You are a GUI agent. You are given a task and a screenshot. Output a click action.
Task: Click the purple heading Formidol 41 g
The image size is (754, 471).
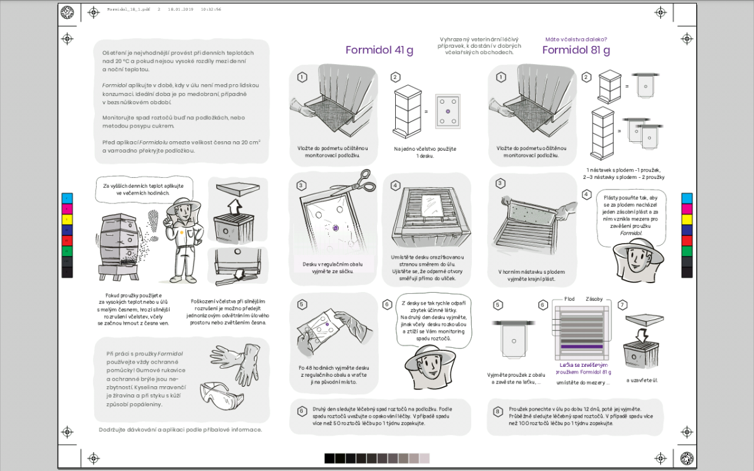point(379,51)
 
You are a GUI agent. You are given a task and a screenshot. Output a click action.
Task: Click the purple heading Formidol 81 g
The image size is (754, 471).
point(576,51)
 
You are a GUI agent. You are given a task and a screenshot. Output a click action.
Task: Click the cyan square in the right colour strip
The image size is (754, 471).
point(687,198)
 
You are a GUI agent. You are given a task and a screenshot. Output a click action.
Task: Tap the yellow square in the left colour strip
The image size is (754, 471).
point(67,219)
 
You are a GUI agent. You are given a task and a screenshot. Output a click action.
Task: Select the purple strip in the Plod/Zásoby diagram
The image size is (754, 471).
point(581,347)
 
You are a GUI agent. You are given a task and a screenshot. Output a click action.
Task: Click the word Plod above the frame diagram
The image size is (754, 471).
point(569,299)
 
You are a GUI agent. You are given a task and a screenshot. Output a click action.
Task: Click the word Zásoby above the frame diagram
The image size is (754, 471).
point(594,299)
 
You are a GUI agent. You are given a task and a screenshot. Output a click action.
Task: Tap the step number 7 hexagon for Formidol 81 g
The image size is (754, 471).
point(623,305)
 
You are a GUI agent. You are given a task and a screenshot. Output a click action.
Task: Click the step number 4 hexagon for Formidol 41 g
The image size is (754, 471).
point(395,185)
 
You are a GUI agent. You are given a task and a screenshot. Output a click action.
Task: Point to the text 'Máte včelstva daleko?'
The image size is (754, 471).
point(576,39)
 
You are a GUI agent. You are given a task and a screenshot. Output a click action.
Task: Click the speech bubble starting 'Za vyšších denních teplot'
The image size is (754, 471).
point(143,189)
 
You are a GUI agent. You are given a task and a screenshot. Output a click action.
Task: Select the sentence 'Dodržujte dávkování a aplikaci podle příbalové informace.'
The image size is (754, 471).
point(180,430)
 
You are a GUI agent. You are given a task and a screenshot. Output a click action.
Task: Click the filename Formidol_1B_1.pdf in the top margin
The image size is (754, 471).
point(128,10)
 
